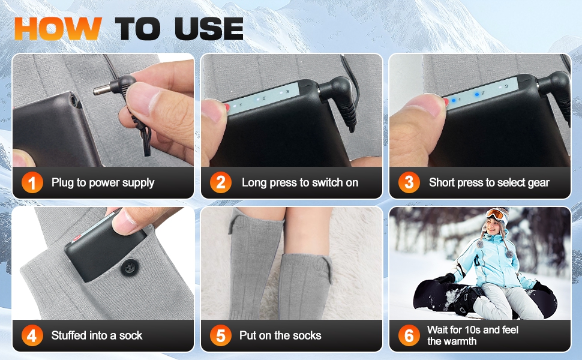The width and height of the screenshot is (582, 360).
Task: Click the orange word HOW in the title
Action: (58, 29)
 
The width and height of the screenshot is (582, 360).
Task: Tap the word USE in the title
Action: (209, 29)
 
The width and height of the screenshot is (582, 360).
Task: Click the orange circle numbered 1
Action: (32, 182)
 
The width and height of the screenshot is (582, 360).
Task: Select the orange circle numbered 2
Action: (220, 182)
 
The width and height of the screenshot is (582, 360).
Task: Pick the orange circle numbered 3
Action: (409, 182)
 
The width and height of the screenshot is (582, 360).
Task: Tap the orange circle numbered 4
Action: (32, 335)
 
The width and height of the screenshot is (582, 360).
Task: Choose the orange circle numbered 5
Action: (220, 335)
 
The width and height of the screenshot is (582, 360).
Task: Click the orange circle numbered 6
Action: (409, 335)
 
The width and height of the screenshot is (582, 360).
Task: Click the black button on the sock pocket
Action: (130, 267)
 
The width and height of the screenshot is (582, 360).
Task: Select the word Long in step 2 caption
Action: (254, 183)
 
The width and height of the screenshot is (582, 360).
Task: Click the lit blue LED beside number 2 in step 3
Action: (476, 94)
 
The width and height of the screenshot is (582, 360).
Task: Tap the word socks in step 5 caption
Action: (307, 335)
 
